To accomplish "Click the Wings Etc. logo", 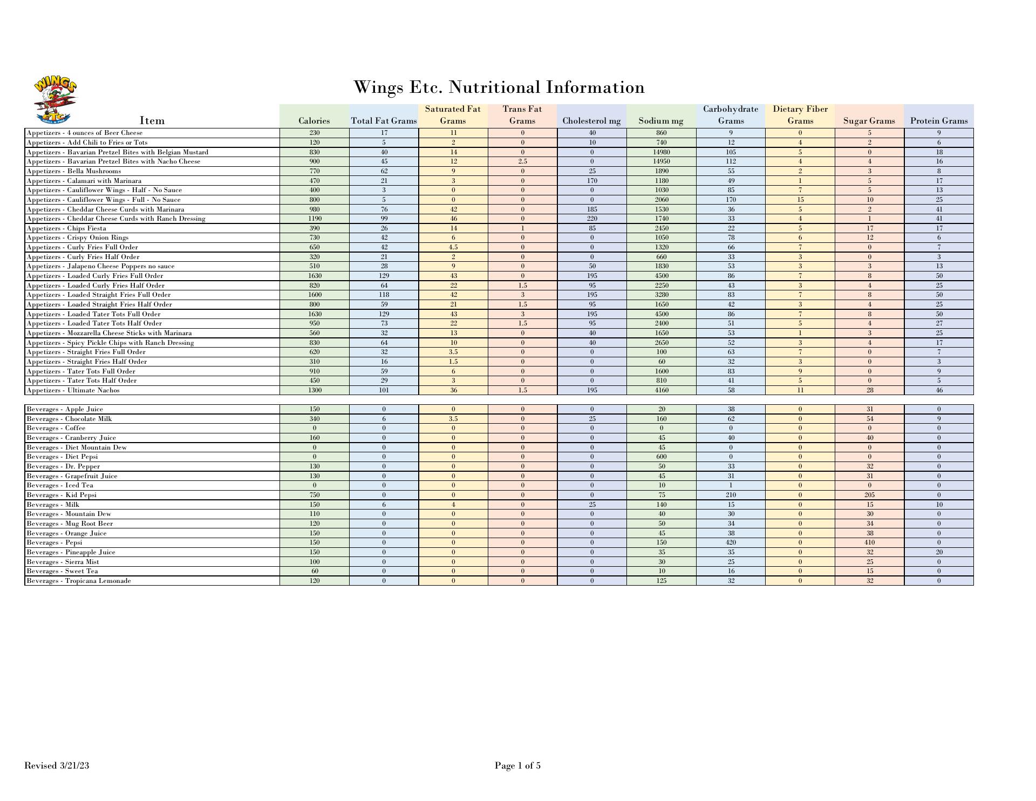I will [55, 101].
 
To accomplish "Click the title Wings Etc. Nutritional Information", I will [499, 87].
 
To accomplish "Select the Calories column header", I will [314, 121].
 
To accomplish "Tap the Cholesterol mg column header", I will [591, 121].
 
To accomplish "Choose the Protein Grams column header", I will [939, 121].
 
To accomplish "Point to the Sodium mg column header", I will [661, 121].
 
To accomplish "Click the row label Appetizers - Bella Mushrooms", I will [74, 171].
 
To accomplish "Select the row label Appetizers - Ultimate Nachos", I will [73, 390].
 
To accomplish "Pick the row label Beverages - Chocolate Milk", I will [70, 419].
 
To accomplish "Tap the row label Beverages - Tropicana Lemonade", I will [79, 581].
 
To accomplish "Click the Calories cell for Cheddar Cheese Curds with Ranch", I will [315, 219].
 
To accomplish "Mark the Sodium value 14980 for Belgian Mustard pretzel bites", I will [662, 152].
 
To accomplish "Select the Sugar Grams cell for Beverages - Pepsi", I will [869, 542].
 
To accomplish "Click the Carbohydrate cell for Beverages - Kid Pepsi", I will [731, 495].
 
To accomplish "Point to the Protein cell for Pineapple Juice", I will [939, 552].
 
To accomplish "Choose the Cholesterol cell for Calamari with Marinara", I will [592, 181].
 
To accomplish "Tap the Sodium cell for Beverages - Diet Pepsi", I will [662, 457].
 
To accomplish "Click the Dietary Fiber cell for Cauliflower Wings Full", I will [800, 200].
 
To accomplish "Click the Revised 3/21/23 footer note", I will [57, 765].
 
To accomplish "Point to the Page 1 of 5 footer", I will [517, 765].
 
